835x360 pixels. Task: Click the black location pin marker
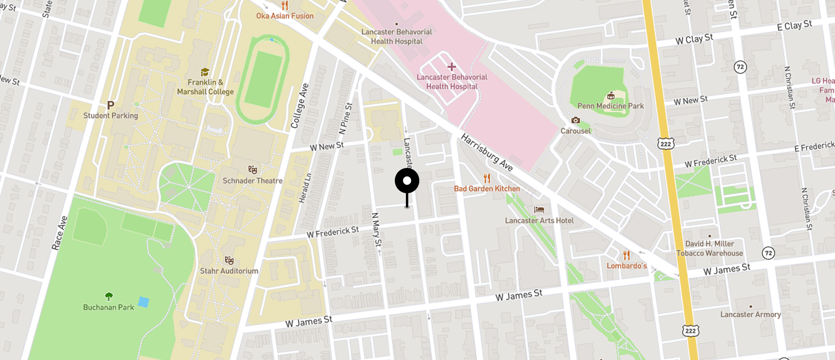(407, 181)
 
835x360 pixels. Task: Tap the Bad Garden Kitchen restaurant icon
(487, 178)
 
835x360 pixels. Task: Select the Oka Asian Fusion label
(285, 16)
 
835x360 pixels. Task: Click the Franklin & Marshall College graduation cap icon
(205, 72)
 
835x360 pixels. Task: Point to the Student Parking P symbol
(111, 105)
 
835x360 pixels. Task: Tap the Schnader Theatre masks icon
(252, 170)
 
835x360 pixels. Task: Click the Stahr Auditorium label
(229, 271)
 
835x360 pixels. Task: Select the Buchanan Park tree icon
(109, 296)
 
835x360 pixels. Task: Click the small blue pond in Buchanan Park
(143, 302)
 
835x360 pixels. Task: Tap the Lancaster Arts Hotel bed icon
(539, 210)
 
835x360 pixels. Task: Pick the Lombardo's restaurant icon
(626, 255)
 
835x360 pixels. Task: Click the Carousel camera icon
(575, 120)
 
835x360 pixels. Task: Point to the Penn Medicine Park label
(610, 106)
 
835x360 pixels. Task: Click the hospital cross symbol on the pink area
(451, 67)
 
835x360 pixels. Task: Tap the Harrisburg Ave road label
(487, 152)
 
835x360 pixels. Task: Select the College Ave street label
(300, 106)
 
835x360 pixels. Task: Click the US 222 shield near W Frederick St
(665, 144)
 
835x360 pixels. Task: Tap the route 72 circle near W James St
(768, 253)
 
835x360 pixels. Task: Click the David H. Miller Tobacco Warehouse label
(709, 248)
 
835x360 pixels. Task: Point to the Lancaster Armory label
(750, 314)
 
